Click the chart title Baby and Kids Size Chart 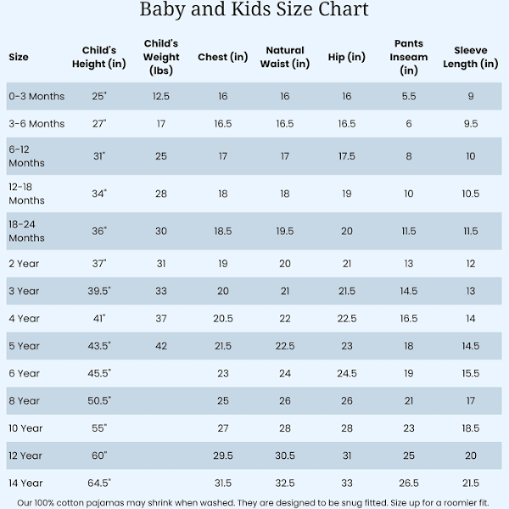[254, 10]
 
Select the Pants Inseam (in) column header [409, 57]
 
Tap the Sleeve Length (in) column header [470, 57]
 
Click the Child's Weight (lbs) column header [161, 57]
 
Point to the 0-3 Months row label [36, 97]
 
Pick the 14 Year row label [25, 484]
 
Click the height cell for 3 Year [100, 291]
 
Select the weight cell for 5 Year [161, 346]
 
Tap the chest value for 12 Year [223, 456]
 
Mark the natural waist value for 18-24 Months [285, 231]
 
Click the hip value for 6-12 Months [346, 156]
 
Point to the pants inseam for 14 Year [409, 484]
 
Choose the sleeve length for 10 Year [470, 428]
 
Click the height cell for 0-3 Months [100, 97]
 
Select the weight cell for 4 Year [161, 318]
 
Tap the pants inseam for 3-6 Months [409, 124]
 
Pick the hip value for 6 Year [346, 373]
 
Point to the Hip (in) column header [346, 57]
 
